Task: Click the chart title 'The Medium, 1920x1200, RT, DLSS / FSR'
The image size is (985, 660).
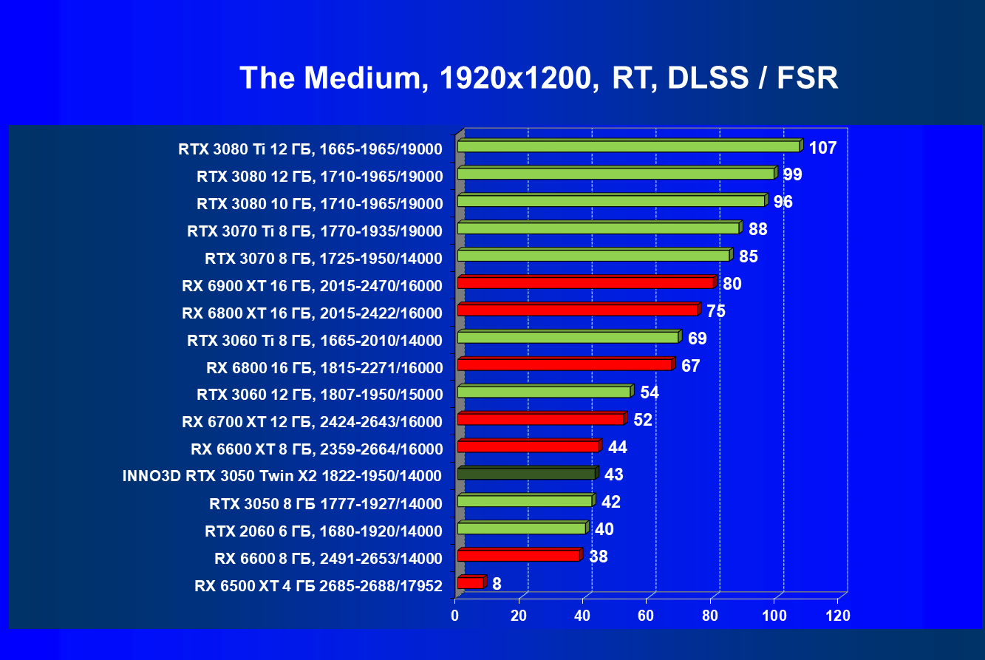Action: (x=539, y=78)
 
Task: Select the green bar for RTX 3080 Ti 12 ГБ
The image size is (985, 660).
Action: (x=628, y=146)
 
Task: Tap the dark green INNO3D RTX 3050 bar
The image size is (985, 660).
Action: (x=526, y=474)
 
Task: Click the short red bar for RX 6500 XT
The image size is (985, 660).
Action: (x=471, y=583)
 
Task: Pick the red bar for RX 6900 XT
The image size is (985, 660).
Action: (x=586, y=282)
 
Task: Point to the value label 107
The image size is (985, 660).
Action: (x=822, y=148)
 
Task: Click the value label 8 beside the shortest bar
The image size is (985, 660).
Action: (x=497, y=584)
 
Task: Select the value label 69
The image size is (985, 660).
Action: (x=697, y=338)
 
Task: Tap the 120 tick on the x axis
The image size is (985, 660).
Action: (x=837, y=616)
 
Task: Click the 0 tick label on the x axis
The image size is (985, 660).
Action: (x=455, y=616)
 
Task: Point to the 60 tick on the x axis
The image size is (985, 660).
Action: (x=646, y=616)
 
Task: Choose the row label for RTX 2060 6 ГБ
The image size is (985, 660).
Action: (x=323, y=531)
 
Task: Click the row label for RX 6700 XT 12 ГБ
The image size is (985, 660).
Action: (x=312, y=422)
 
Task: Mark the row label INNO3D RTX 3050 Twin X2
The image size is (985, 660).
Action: (x=282, y=476)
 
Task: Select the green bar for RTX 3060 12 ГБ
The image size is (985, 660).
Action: (x=544, y=392)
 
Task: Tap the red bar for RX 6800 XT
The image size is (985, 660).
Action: (x=577, y=310)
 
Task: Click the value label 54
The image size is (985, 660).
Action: (x=650, y=392)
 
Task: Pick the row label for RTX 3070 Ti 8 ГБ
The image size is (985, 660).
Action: (x=314, y=231)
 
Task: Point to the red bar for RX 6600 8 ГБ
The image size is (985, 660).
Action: (x=518, y=555)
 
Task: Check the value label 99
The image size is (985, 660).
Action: (x=793, y=174)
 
